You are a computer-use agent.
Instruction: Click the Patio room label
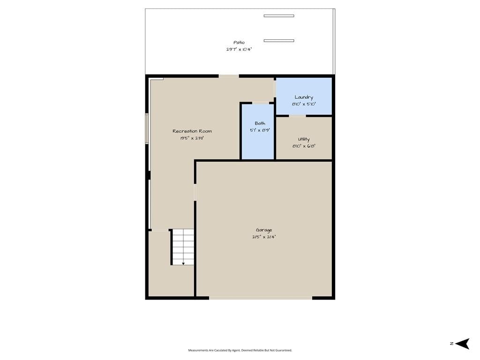pyautogui.click(x=239, y=43)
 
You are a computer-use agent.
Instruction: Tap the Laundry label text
pyautogui.click(x=304, y=97)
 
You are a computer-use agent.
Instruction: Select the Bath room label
pyautogui.click(x=260, y=123)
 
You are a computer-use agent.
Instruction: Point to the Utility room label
pyautogui.click(x=304, y=139)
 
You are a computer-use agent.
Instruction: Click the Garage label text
pyautogui.click(x=264, y=230)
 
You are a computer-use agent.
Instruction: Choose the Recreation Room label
pyautogui.click(x=192, y=131)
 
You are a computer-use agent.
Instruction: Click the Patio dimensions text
pyautogui.click(x=239, y=49)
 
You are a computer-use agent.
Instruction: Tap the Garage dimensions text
pyautogui.click(x=264, y=237)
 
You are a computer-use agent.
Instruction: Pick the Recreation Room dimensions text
pyautogui.click(x=192, y=138)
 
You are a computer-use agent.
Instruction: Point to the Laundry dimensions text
pyautogui.click(x=304, y=104)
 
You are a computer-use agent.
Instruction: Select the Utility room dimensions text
pyautogui.click(x=304, y=146)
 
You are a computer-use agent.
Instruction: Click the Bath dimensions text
pyautogui.click(x=260, y=130)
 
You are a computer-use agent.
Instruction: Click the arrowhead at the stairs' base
pyautogui.click(x=183, y=263)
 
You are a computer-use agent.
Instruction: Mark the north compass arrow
pyautogui.click(x=462, y=344)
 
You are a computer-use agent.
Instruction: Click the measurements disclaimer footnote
pyautogui.click(x=240, y=350)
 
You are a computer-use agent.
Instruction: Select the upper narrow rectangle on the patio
pyautogui.click(x=279, y=16)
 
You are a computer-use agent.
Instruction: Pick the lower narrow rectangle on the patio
pyautogui.click(x=279, y=41)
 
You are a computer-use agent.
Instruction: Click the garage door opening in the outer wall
pyautogui.click(x=261, y=298)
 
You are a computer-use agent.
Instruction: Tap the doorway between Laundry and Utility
pyautogui.click(x=298, y=116)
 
